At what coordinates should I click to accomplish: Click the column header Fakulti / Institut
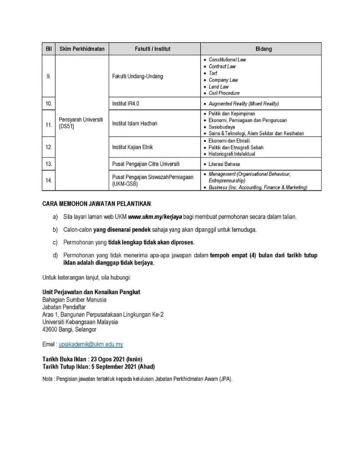[152, 49]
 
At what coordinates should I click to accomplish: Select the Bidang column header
[263, 49]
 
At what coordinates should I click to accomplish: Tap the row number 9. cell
[48, 76]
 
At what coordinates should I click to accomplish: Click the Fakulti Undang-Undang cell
[138, 76]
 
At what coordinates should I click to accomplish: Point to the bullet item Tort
[213, 73]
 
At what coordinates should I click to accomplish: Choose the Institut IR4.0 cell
[126, 104]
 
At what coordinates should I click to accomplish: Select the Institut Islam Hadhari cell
[135, 123]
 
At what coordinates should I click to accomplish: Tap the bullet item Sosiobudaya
[222, 127]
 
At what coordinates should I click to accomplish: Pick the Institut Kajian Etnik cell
[133, 147]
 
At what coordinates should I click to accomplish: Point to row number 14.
[48, 180]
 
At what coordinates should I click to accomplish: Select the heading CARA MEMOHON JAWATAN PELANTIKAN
[97, 203]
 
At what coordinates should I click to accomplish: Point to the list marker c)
[55, 242]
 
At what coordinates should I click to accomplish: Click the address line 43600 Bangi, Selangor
[69, 329]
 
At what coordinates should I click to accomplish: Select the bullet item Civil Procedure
[224, 93]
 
